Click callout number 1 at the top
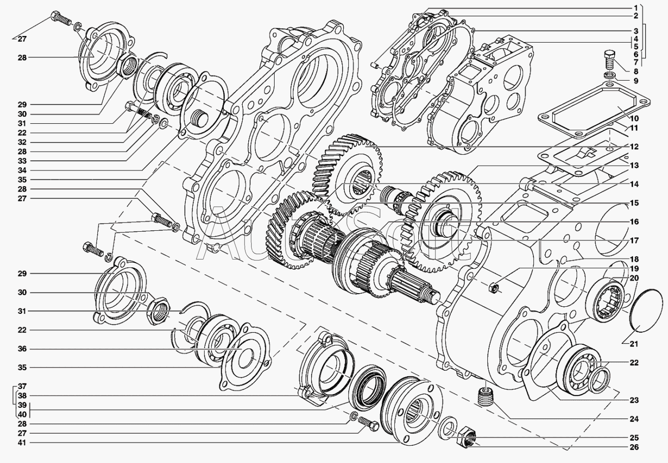[x=635, y=8]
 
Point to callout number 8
[x=635, y=72]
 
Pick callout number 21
[x=634, y=344]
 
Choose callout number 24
[x=634, y=419]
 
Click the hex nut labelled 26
[x=466, y=437]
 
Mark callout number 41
[x=22, y=443]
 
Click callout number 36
[x=22, y=349]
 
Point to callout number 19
[x=634, y=268]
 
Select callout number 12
[x=634, y=147]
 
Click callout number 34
[x=22, y=170]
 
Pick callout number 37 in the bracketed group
[x=22, y=386]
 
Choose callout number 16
[x=634, y=222]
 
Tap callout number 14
[x=634, y=184]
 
